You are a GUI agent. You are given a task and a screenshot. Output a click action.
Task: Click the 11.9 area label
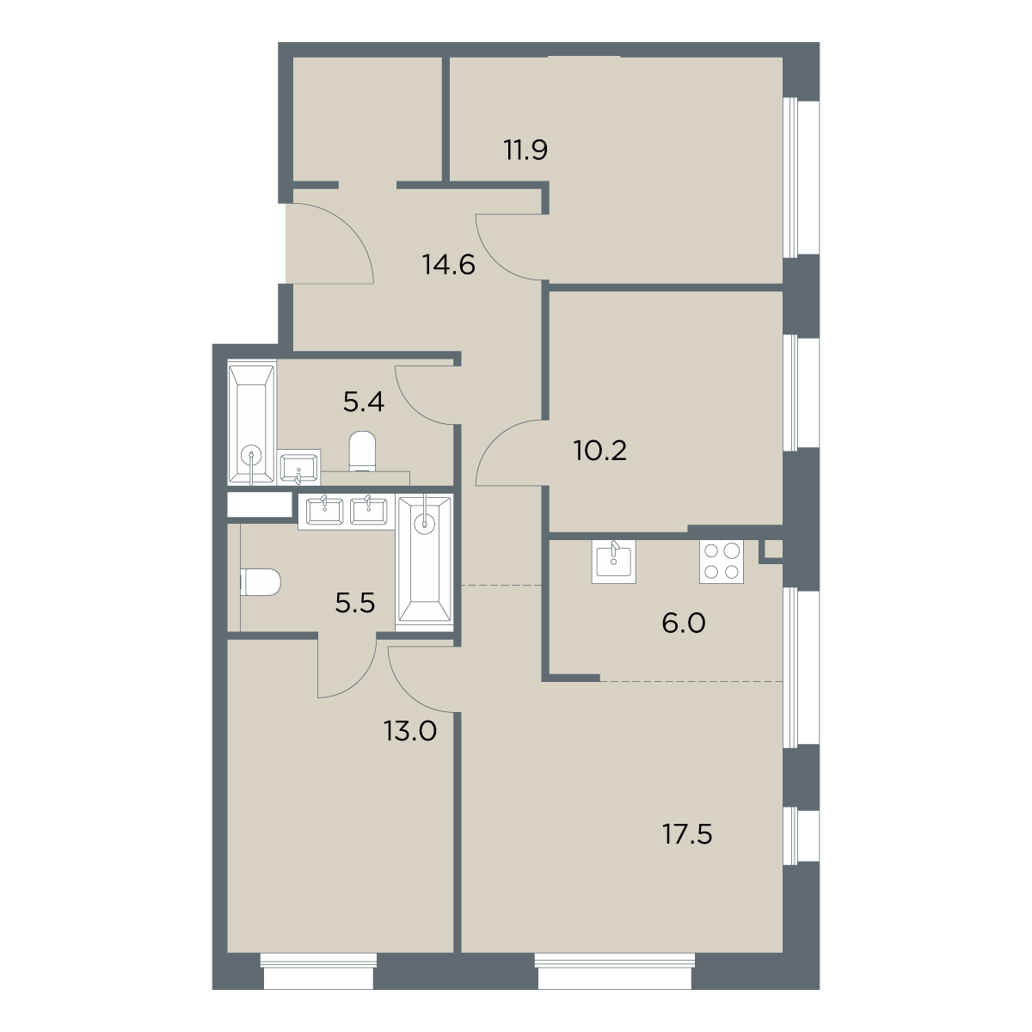525,150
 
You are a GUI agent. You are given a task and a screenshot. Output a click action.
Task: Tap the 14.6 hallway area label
449,265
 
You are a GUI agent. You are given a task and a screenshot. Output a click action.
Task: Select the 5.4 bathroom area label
364,402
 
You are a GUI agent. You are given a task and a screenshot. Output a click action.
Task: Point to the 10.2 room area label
599,451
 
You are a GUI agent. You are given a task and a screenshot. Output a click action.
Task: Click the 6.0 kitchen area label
684,623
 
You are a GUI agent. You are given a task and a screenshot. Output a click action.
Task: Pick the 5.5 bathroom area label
355,604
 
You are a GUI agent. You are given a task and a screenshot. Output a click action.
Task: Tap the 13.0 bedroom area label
410,730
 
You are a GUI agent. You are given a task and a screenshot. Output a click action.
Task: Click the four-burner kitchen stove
721,562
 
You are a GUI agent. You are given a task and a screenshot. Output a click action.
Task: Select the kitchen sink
614,561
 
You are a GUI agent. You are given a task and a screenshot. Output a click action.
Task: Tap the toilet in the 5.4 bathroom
363,451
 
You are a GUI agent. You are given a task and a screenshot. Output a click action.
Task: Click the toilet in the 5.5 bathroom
261,583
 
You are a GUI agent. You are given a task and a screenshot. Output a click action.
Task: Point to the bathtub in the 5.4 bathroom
252,422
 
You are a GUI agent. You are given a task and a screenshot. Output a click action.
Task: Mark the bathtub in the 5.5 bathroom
425,560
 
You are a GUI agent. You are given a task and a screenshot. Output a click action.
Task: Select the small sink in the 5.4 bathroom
299,467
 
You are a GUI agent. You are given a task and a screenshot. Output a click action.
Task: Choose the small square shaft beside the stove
773,550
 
